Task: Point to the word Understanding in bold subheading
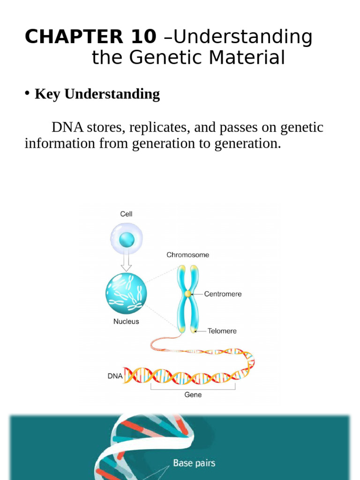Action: tap(112, 94)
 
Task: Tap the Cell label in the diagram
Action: tap(126, 214)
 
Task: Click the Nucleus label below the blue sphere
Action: tap(126, 322)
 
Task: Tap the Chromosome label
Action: tap(187, 255)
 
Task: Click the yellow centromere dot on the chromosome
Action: tap(187, 294)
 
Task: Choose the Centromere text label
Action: tap(223, 294)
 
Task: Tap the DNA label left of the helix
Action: tap(115, 376)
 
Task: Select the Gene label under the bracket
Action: tap(193, 395)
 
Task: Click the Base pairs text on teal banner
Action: tap(194, 463)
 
